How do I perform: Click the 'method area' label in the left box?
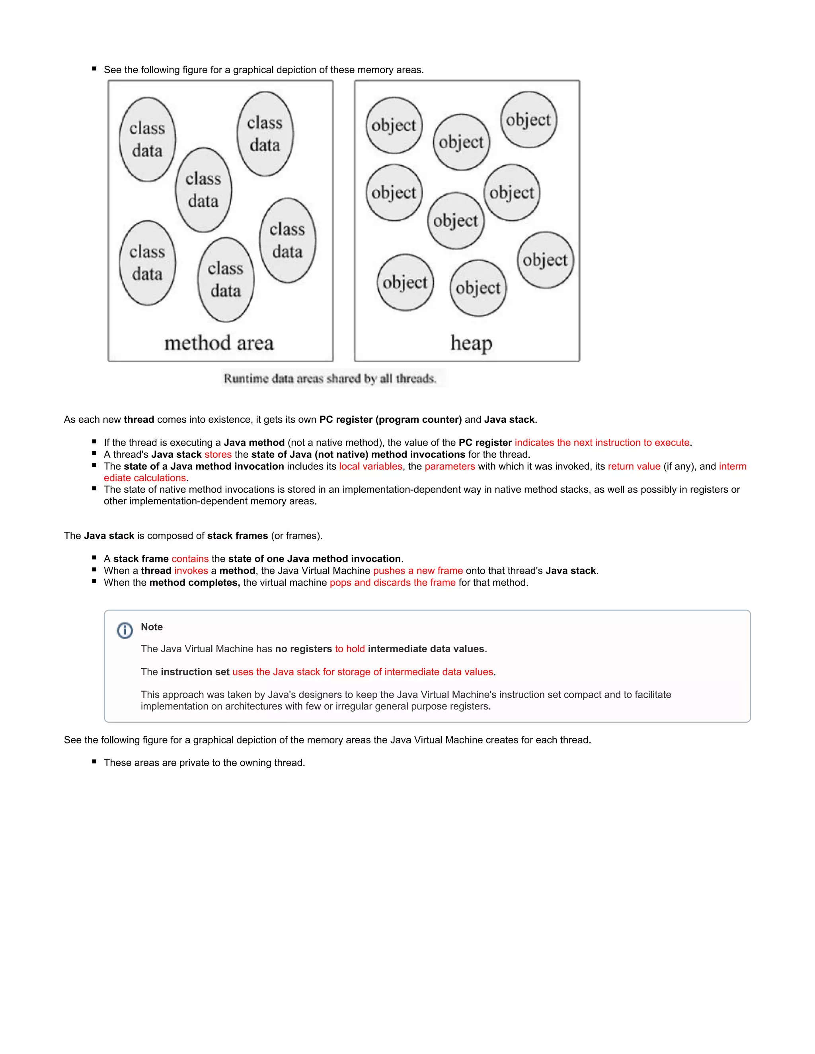click(219, 343)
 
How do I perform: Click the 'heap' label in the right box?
click(471, 343)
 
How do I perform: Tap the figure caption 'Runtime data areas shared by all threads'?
click(330, 378)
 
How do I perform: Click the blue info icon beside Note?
click(125, 630)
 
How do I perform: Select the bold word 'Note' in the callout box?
click(152, 627)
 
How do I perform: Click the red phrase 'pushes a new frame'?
click(417, 570)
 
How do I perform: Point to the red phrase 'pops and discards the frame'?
click(392, 583)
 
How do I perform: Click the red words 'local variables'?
click(370, 466)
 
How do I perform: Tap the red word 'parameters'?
click(450, 466)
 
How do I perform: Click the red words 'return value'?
click(634, 466)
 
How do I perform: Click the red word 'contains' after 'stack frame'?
click(190, 559)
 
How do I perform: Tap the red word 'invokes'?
click(191, 570)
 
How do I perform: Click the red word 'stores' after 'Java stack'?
click(218, 455)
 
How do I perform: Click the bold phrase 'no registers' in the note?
click(303, 649)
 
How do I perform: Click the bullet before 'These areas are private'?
click(94, 762)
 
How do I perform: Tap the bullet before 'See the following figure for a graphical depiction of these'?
click(94, 69)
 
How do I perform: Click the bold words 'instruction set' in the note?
click(195, 672)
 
